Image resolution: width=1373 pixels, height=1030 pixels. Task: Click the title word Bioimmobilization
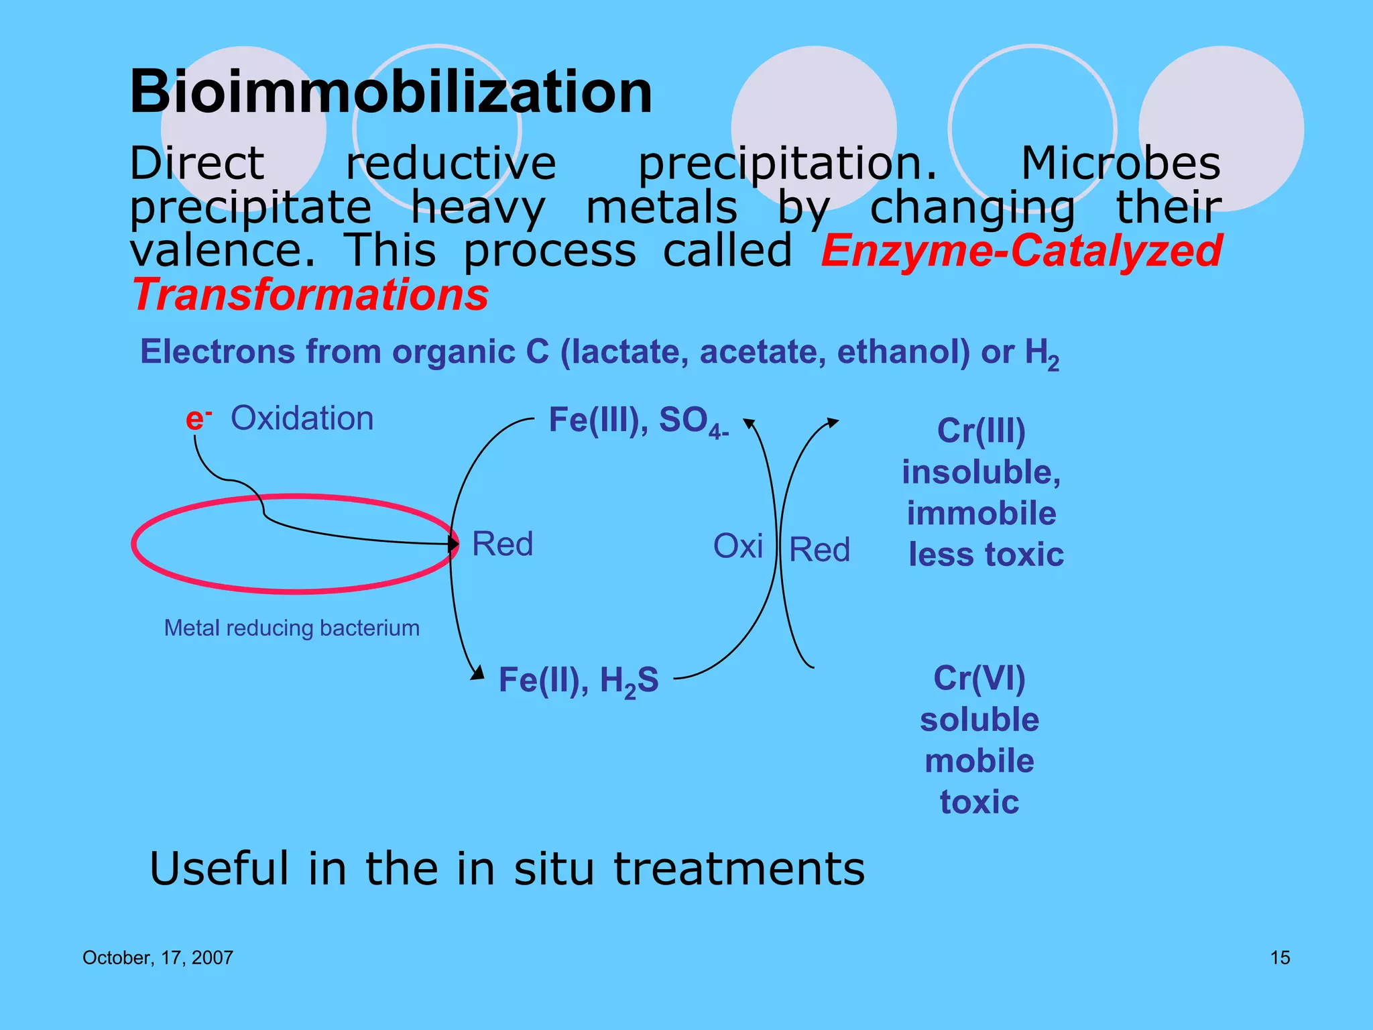click(x=391, y=92)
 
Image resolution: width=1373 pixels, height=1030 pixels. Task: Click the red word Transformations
click(x=310, y=295)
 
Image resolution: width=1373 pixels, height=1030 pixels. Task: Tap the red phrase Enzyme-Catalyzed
click(x=1022, y=251)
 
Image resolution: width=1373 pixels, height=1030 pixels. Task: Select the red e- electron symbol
click(x=197, y=419)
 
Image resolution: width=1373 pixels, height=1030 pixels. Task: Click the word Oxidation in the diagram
click(x=302, y=418)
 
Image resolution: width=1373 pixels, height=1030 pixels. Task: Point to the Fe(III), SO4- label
click(x=638, y=421)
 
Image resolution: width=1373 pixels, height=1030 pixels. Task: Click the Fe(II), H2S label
click(x=579, y=681)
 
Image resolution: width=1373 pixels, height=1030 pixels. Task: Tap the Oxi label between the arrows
click(x=737, y=546)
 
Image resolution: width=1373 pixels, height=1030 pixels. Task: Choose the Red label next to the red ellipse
click(x=502, y=544)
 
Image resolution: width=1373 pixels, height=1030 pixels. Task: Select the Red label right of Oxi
click(x=819, y=550)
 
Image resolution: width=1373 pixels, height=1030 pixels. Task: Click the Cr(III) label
click(x=981, y=431)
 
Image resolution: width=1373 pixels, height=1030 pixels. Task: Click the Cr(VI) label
click(x=979, y=678)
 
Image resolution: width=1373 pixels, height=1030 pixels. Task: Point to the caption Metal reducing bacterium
click(x=292, y=628)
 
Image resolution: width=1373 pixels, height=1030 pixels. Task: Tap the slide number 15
click(x=1280, y=958)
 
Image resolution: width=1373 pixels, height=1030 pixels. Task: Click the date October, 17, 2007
click(x=158, y=958)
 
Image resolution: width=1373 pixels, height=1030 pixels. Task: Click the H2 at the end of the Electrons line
click(x=1041, y=353)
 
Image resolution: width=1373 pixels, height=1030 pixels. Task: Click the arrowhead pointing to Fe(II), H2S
click(x=478, y=673)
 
